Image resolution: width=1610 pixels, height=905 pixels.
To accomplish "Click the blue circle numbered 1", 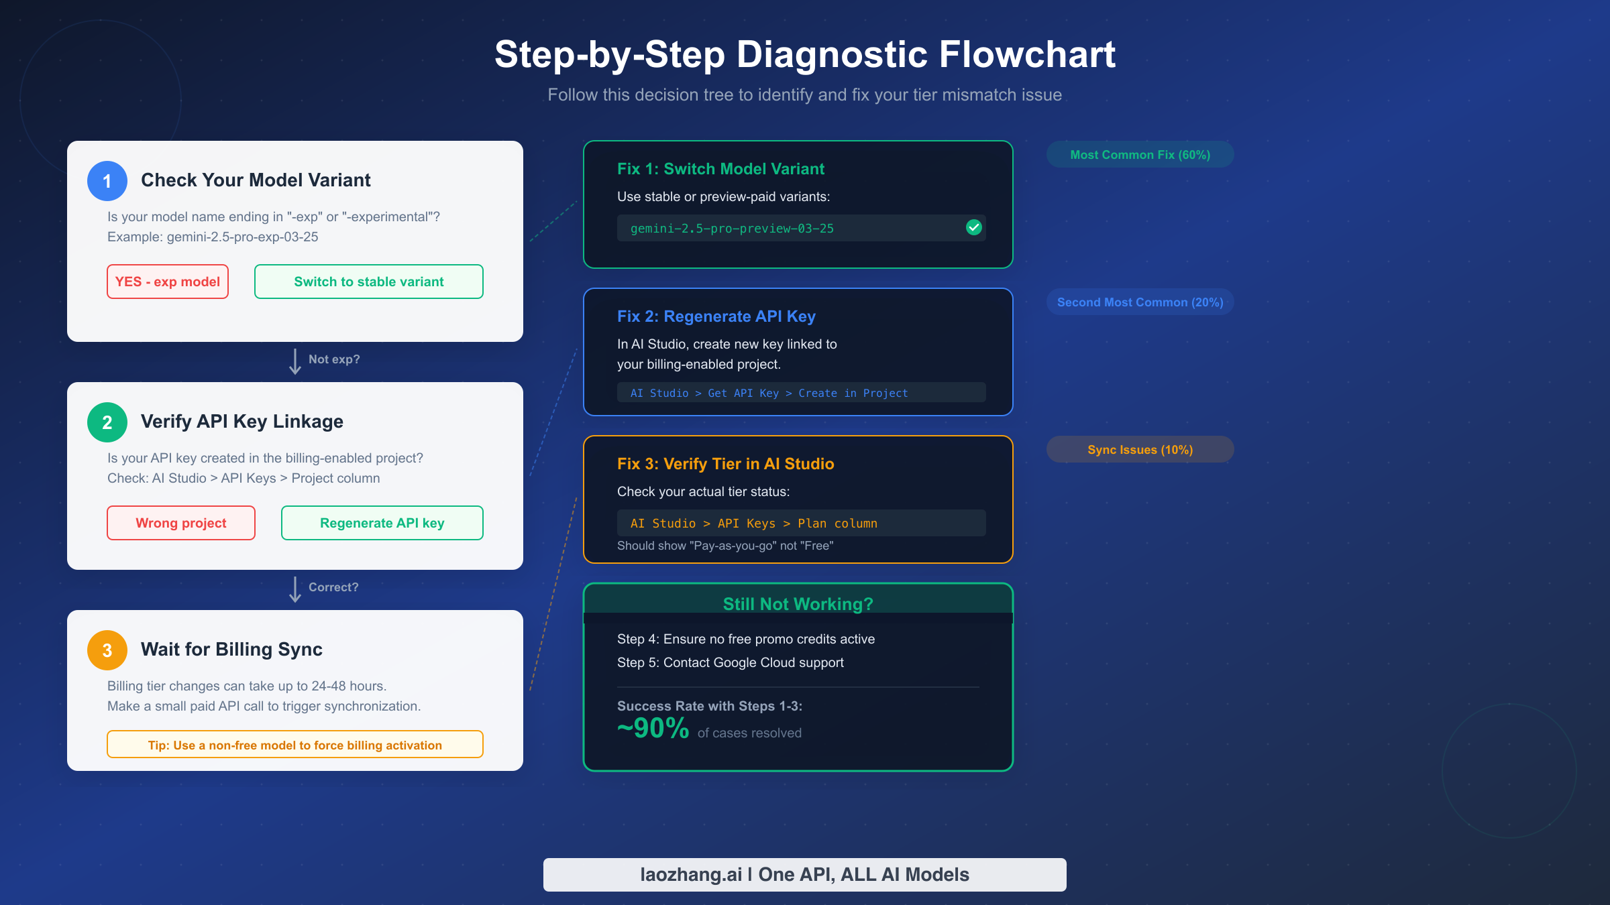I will click(x=107, y=181).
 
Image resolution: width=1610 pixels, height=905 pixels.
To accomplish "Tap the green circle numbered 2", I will click(x=107, y=422).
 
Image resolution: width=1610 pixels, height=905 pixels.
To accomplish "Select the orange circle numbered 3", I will click(x=107, y=650).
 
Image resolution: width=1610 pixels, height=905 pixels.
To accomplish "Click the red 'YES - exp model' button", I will click(x=168, y=282).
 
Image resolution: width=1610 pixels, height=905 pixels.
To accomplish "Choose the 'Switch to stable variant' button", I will click(x=368, y=282).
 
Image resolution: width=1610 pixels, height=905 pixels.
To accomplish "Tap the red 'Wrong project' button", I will click(x=181, y=523).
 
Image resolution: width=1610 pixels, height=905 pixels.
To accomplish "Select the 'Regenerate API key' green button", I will click(x=382, y=523).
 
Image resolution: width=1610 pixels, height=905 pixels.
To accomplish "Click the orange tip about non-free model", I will click(x=294, y=745).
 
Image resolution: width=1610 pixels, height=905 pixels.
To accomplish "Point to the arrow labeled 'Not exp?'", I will click(x=295, y=361).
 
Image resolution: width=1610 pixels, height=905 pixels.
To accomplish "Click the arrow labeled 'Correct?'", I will click(x=295, y=589).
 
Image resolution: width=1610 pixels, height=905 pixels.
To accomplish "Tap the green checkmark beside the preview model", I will click(x=974, y=228).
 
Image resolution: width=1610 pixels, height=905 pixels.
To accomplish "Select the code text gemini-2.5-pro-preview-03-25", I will click(x=732, y=229).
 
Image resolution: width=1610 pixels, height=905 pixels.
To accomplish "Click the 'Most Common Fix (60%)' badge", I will click(x=1140, y=155).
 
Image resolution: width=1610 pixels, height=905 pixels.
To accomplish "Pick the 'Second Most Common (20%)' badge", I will click(x=1140, y=302).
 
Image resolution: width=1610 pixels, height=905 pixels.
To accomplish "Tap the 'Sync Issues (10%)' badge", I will click(x=1140, y=450).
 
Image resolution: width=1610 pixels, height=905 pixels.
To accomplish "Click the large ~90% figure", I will click(x=653, y=729).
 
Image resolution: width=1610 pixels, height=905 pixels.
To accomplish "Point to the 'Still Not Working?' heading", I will click(x=798, y=604).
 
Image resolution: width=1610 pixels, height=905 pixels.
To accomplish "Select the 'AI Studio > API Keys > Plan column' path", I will click(x=753, y=524).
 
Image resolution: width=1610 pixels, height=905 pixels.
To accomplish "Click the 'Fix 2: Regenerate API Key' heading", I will click(x=716, y=316).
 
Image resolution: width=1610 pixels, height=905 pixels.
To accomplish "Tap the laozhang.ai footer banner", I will click(x=804, y=875).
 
